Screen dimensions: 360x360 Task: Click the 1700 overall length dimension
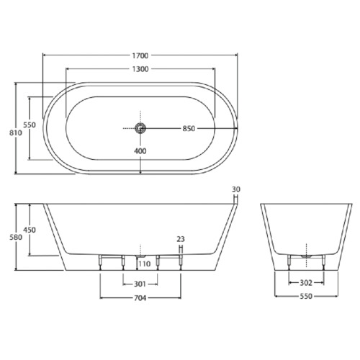click(140, 55)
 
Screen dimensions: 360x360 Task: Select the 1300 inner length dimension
click(140, 69)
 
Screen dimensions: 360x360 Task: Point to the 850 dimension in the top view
click(189, 129)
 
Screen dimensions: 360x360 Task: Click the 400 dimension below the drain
click(140, 151)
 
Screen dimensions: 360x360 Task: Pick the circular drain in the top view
click(140, 128)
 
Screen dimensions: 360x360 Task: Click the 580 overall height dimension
click(8, 236)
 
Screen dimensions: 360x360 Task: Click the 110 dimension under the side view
click(144, 264)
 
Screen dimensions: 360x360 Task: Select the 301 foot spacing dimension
click(140, 283)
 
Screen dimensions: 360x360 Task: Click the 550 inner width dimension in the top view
click(29, 125)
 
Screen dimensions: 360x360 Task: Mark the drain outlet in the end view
click(307, 255)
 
